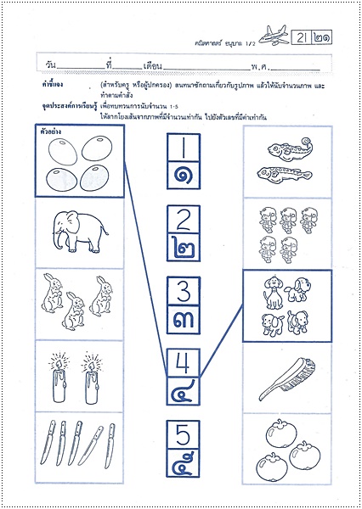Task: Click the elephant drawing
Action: [x=75, y=229]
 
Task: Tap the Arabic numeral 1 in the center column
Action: [x=182, y=151]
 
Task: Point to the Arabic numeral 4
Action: [x=182, y=363]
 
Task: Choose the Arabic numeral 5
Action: [x=182, y=433]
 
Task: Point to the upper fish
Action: [x=286, y=153]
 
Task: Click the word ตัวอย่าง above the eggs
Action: [x=50, y=132]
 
